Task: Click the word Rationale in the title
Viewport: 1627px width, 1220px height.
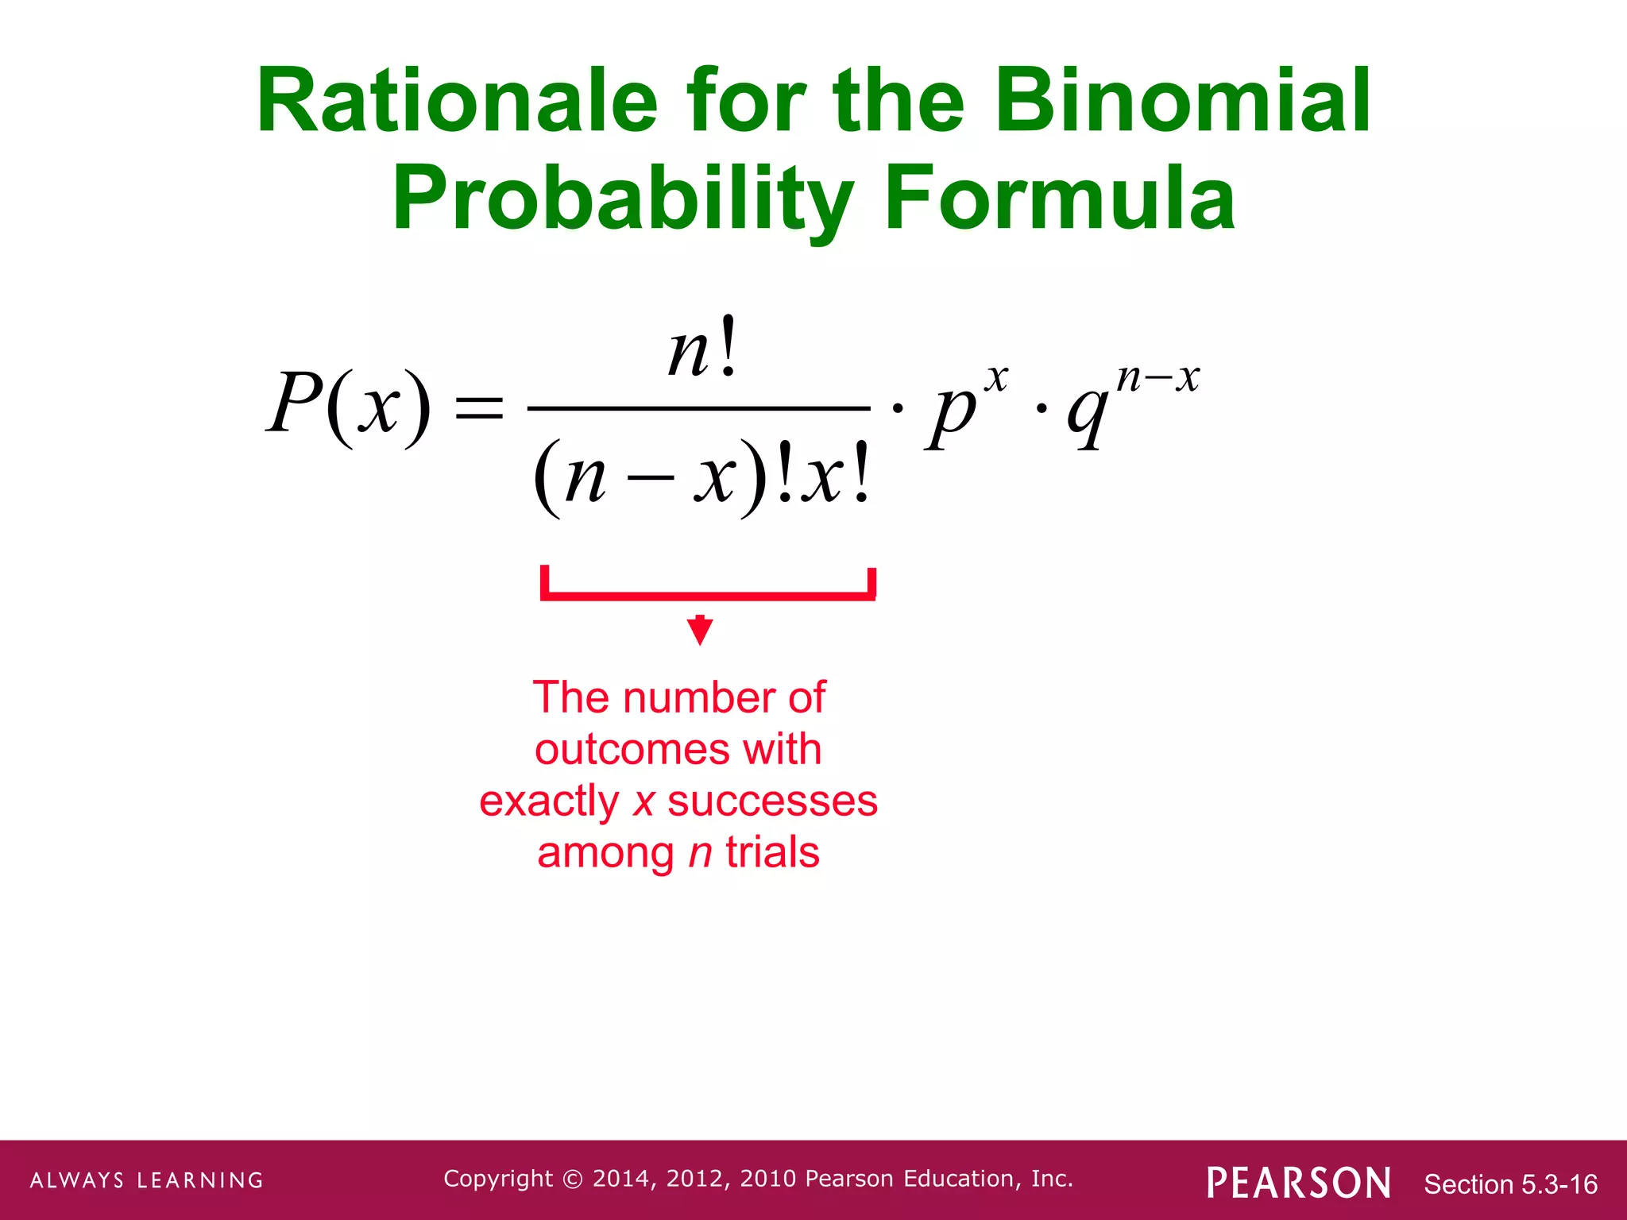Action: click(457, 102)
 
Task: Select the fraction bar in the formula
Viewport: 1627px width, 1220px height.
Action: click(699, 408)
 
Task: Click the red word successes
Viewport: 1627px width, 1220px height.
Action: click(772, 801)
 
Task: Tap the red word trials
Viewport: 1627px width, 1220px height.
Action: click(771, 852)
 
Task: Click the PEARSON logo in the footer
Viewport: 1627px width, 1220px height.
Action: click(1298, 1183)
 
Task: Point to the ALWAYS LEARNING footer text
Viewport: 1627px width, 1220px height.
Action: click(147, 1180)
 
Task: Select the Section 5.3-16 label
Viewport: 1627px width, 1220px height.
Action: click(1510, 1184)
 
